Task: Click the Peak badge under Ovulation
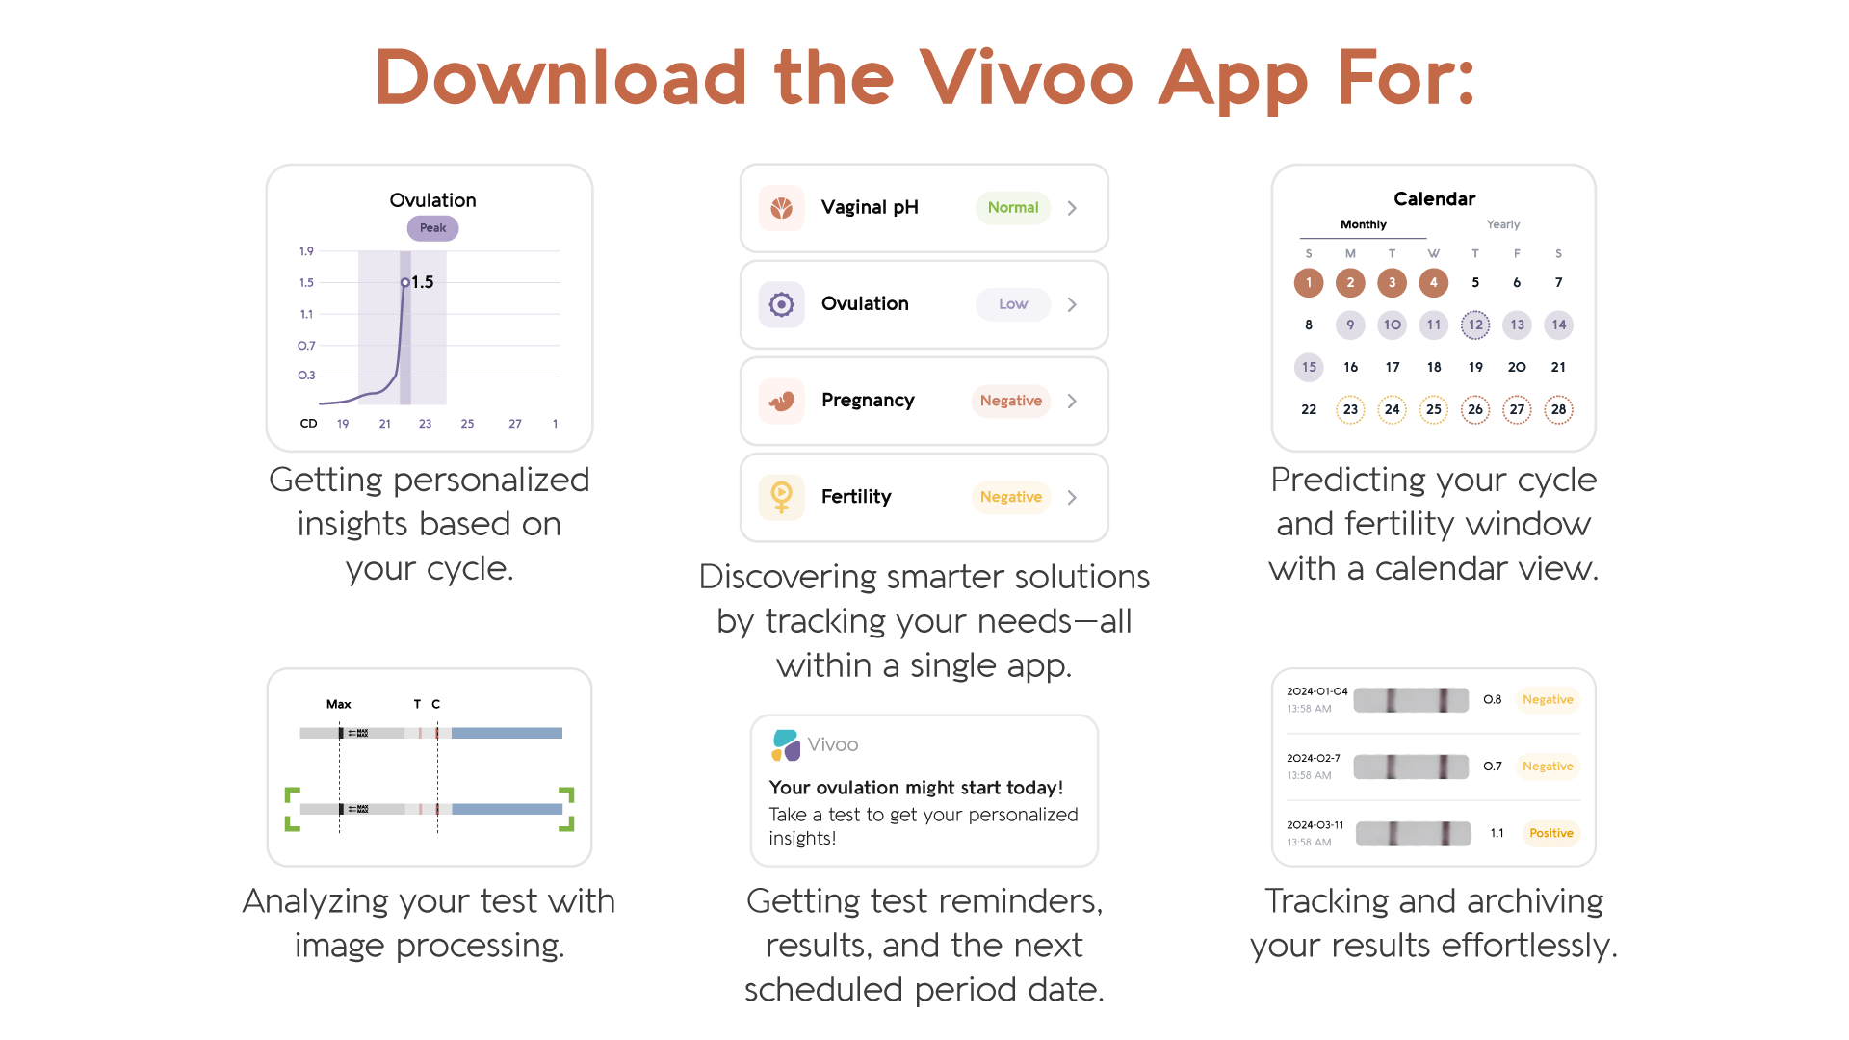pyautogui.click(x=432, y=228)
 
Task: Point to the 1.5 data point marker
pyautogui.click(x=405, y=282)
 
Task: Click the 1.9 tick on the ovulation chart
pyautogui.click(x=306, y=251)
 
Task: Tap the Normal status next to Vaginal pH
pyautogui.click(x=1012, y=208)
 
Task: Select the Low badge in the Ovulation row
pyautogui.click(x=1012, y=304)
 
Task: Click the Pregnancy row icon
pyautogui.click(x=781, y=401)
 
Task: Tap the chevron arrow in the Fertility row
pyautogui.click(x=1072, y=497)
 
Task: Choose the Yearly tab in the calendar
pyautogui.click(x=1502, y=224)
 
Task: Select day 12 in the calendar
pyautogui.click(x=1474, y=325)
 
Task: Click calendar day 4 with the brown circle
pyautogui.click(x=1433, y=282)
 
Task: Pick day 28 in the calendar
pyautogui.click(x=1557, y=409)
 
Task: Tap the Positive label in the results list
pyautogui.click(x=1550, y=833)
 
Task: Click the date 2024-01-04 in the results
pyautogui.click(x=1316, y=691)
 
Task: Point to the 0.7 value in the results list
pyautogui.click(x=1492, y=767)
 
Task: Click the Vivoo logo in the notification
pyautogui.click(x=786, y=744)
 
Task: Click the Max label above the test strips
pyautogui.click(x=338, y=704)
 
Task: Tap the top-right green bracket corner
pyautogui.click(x=567, y=795)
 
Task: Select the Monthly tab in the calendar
pyautogui.click(x=1363, y=224)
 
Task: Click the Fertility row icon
pyautogui.click(x=781, y=497)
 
